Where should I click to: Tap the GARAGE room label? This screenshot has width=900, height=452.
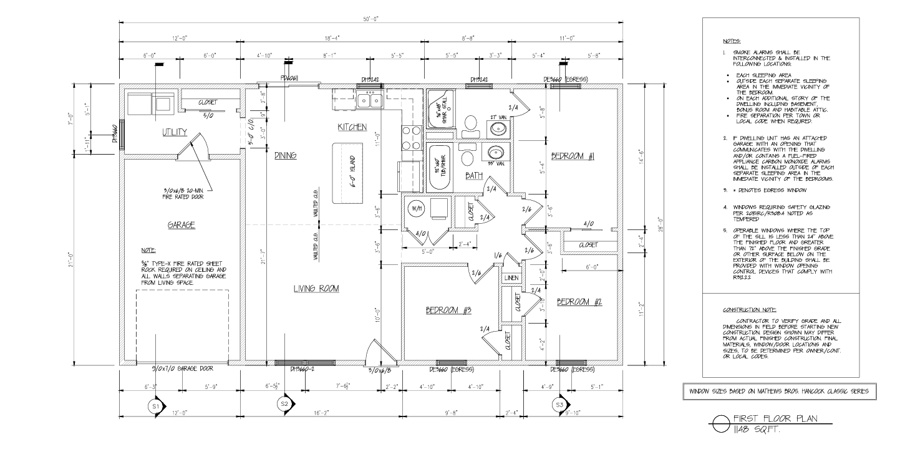point(181,225)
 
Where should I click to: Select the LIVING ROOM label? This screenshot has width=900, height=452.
point(316,288)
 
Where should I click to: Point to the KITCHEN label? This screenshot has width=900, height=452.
point(352,127)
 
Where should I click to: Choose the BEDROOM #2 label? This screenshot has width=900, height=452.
point(579,302)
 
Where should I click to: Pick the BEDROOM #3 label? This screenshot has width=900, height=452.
point(448,310)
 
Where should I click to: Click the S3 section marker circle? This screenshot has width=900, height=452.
point(558,406)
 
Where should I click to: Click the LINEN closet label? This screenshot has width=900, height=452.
point(510,278)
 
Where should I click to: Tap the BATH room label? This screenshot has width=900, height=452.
point(474,176)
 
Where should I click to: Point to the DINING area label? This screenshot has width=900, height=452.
point(284,155)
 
